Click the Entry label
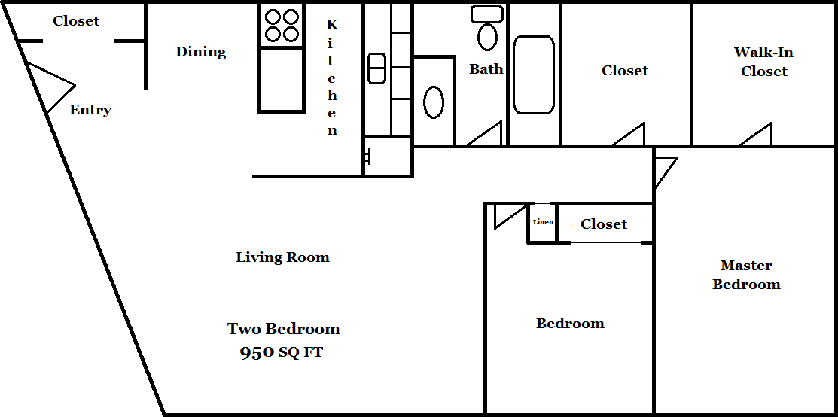90,111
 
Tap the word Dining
201,53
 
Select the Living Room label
282,257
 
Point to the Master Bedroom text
746,275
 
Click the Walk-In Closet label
763,62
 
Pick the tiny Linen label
543,222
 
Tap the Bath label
486,69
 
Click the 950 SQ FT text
281,353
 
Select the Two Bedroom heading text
284,328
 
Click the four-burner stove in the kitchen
282,26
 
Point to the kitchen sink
376,68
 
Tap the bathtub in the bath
533,75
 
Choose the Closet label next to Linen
603,224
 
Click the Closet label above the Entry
76,21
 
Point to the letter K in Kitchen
333,25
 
